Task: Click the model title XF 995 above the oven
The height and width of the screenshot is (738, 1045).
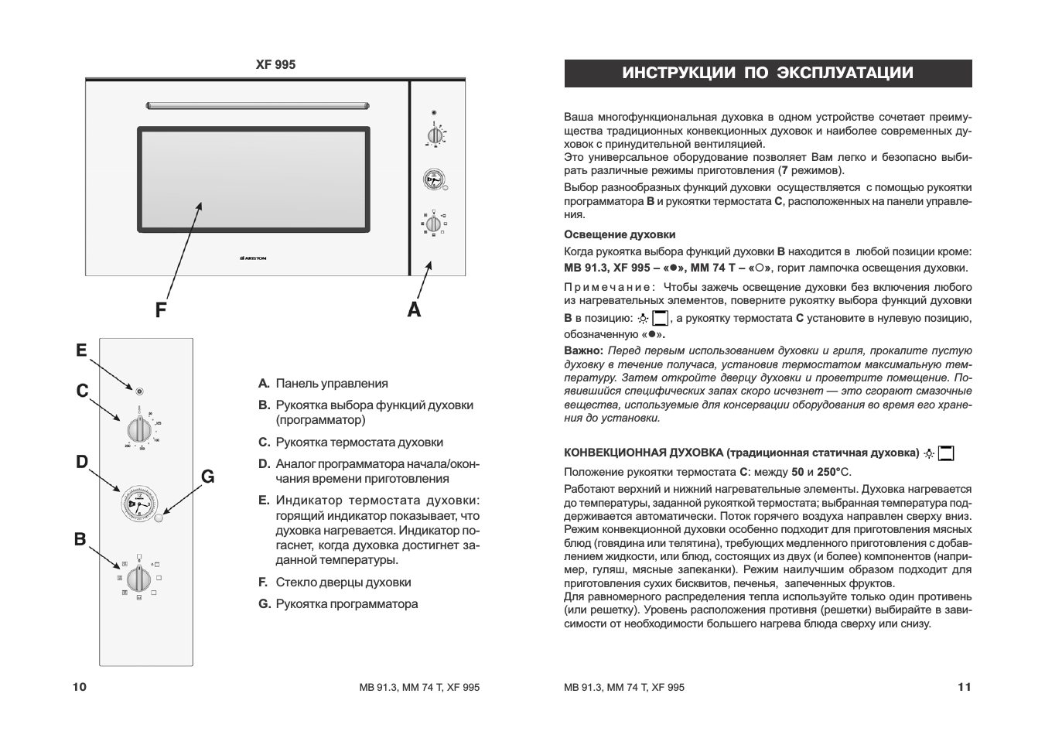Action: (275, 65)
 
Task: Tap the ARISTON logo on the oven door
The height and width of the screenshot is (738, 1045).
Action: (254, 258)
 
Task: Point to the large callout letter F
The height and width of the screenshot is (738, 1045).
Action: (160, 310)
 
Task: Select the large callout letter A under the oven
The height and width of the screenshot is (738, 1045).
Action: (415, 309)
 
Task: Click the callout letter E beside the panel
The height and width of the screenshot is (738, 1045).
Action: (81, 350)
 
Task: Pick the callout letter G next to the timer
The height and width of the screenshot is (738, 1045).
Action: (207, 477)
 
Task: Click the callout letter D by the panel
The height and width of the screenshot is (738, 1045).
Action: (81, 462)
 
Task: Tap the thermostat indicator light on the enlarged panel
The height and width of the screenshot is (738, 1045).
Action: (139, 391)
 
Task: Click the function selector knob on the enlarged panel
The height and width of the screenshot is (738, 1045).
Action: (138, 577)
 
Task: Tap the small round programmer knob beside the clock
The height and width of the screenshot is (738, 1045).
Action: (159, 518)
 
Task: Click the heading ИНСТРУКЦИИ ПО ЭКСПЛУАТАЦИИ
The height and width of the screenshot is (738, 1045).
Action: (767, 73)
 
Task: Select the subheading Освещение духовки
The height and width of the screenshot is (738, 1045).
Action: (620, 234)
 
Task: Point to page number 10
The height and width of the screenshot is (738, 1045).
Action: (80, 687)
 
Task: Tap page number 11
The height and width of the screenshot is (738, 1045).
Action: (964, 687)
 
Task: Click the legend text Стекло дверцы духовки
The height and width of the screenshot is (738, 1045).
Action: (343, 583)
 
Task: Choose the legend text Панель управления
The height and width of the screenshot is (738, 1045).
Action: (332, 384)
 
